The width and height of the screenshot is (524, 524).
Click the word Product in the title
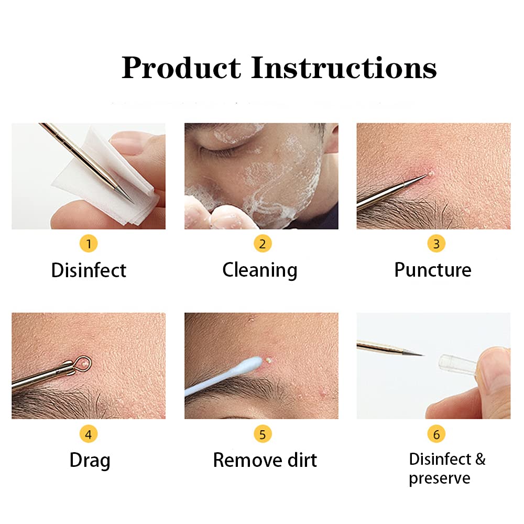pyautogui.click(x=181, y=68)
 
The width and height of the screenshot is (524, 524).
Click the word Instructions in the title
pyautogui.click(x=344, y=68)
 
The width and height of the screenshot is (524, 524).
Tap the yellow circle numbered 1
pyautogui.click(x=89, y=244)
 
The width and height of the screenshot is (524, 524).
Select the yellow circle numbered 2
pyautogui.click(x=263, y=244)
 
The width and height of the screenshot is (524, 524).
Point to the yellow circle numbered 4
pyautogui.click(x=89, y=434)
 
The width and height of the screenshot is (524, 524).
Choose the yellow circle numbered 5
pyautogui.click(x=263, y=434)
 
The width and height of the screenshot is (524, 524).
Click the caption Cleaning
pyautogui.click(x=260, y=270)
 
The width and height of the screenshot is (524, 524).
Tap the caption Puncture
pyautogui.click(x=433, y=270)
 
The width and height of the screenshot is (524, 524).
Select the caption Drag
pyautogui.click(x=90, y=461)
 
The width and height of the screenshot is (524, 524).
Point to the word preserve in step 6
pyautogui.click(x=440, y=478)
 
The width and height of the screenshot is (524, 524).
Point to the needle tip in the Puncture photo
pyautogui.click(x=424, y=177)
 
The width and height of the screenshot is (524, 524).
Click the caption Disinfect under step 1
pyautogui.click(x=89, y=270)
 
